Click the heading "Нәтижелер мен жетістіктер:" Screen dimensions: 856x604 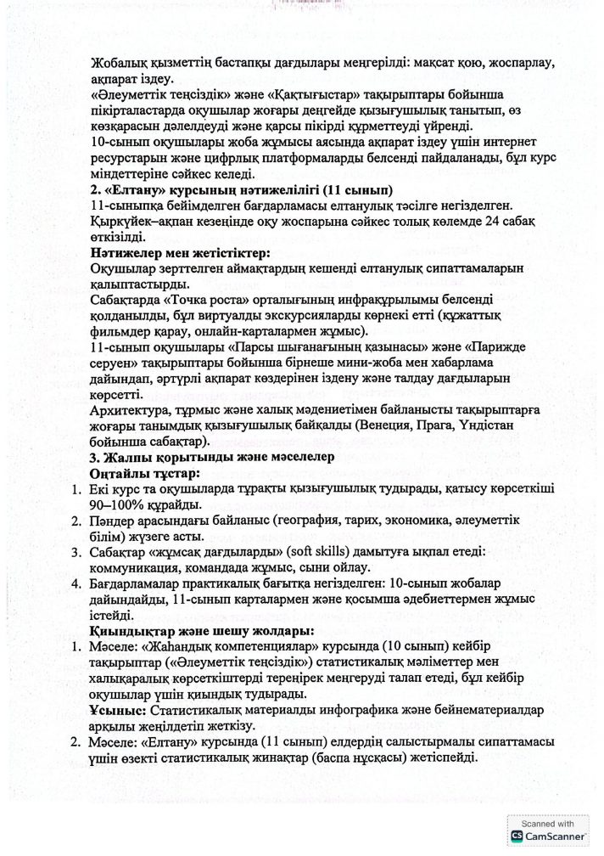pos(180,252)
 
